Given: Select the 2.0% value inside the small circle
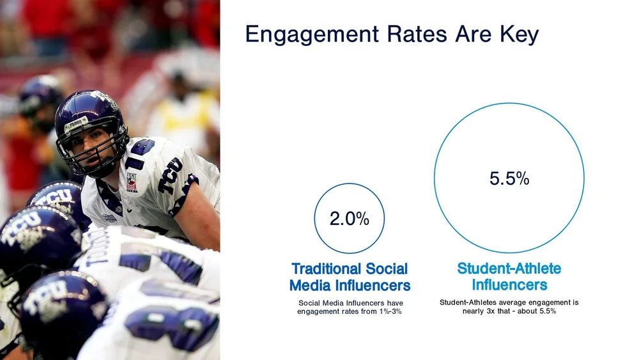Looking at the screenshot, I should (x=349, y=219).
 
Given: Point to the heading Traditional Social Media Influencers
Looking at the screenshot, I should (x=350, y=277).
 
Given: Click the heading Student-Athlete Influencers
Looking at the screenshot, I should (x=509, y=276).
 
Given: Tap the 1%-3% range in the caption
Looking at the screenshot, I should (x=389, y=311).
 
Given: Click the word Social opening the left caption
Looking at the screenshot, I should (x=310, y=302).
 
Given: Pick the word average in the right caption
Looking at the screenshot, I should (x=511, y=302).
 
